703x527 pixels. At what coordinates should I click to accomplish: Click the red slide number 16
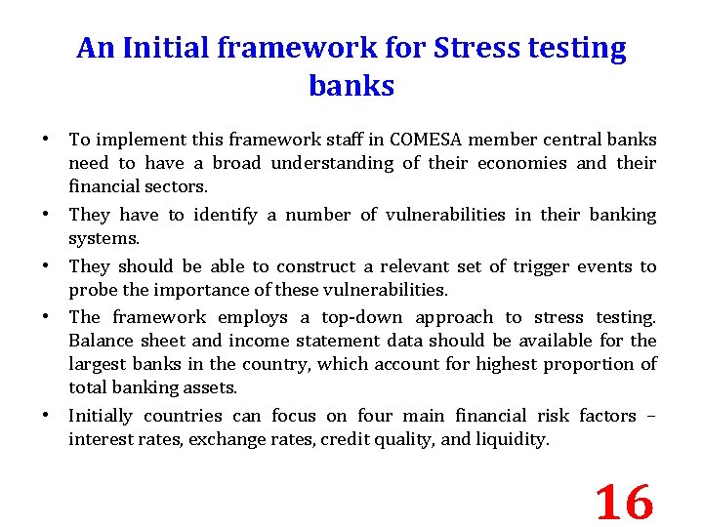[624, 503]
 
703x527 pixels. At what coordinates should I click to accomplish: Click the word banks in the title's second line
[351, 86]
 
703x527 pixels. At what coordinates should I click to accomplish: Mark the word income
[258, 341]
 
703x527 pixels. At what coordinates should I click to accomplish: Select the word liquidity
[513, 439]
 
